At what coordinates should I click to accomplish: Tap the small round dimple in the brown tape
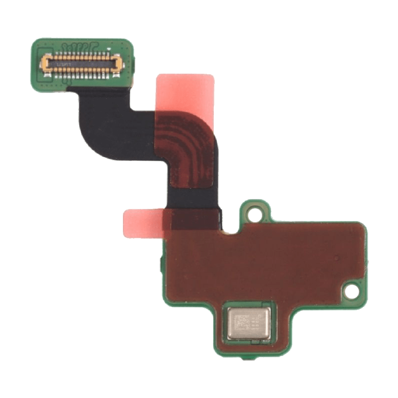tap(338, 258)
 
